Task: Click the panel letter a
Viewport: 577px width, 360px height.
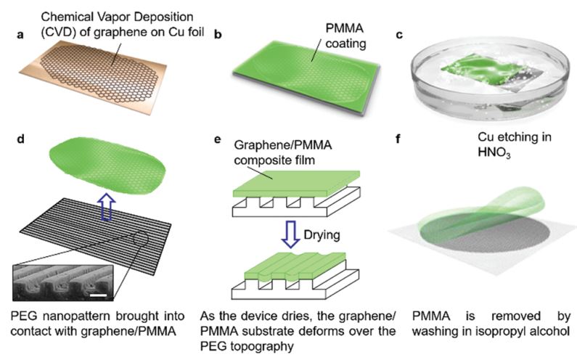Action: [20, 35]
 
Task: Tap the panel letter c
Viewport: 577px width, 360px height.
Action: [399, 35]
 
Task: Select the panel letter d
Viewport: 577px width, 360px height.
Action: [20, 139]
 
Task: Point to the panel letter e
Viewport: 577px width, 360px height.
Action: [218, 140]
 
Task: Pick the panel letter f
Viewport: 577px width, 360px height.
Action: [398, 139]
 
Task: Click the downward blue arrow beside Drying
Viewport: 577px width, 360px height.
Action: [291, 234]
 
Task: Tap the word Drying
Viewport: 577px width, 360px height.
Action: [322, 235]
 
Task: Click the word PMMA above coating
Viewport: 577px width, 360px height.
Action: [345, 28]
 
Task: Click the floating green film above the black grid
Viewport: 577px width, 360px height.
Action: [107, 165]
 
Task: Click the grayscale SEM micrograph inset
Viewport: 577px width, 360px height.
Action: [63, 282]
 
